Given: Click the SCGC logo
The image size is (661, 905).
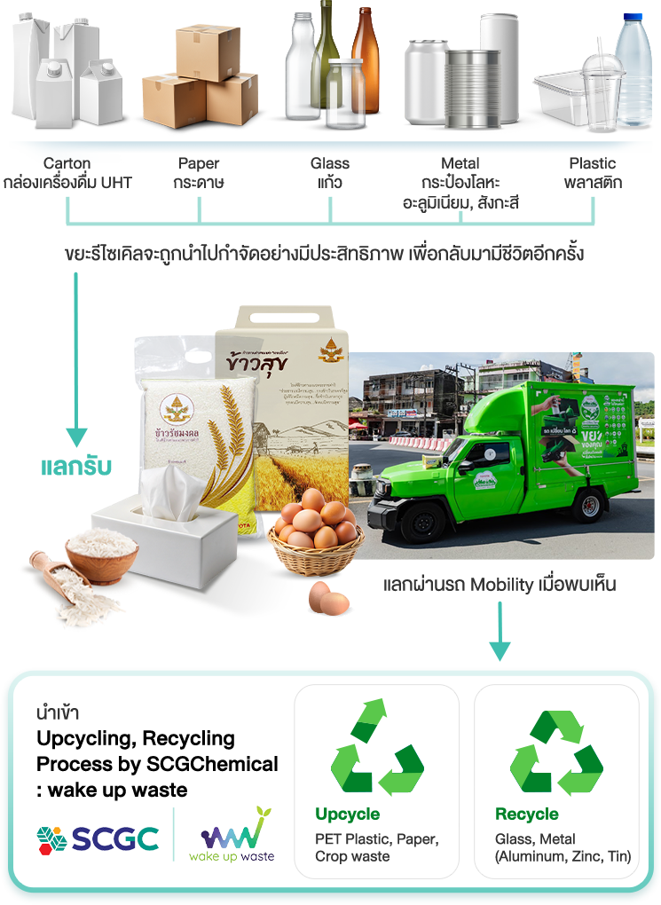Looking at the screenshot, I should coord(98,838).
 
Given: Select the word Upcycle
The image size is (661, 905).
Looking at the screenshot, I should coord(347,814).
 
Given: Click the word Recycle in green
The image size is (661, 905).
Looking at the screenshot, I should coord(527,814).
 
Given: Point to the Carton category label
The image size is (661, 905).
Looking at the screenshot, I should coord(67,163).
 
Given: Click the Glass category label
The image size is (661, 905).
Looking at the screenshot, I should coord(330,163).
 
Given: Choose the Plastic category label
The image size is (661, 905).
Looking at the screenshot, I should coord(593,163).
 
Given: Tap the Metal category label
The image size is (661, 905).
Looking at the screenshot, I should coord(460,163).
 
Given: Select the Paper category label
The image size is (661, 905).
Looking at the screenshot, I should coord(199,163).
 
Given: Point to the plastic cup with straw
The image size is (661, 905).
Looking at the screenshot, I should coord(604,89).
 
